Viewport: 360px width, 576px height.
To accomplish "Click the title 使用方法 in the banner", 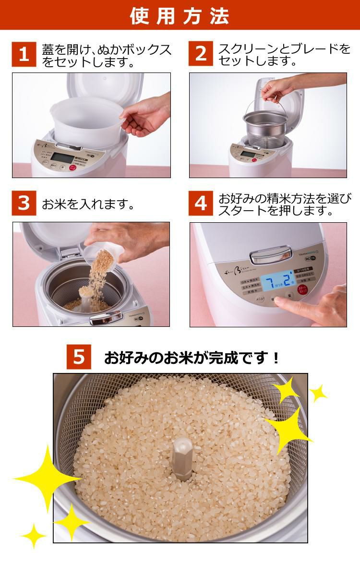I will point(180,15).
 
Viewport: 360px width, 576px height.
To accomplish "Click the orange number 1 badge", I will point(24,54).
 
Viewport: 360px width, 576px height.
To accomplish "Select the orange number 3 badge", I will point(24,203).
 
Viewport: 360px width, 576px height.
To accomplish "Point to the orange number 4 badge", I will point(201,203).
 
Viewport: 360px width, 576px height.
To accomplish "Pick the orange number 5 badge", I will point(79,357).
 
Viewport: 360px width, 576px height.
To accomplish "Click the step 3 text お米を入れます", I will point(87,204).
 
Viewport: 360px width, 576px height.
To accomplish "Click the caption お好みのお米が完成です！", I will point(192,358).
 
